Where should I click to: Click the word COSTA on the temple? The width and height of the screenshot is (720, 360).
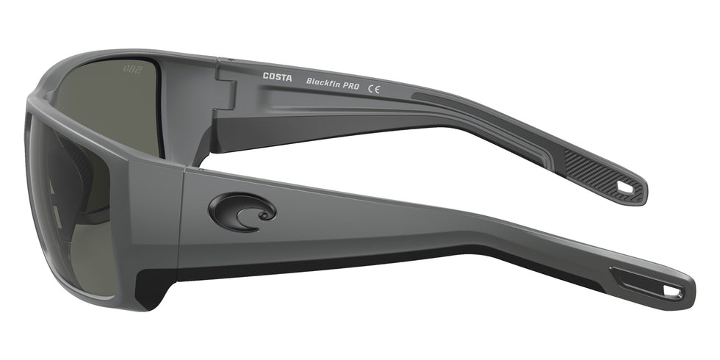coord(277,76)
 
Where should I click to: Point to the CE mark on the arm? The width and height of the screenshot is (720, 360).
coord(375,88)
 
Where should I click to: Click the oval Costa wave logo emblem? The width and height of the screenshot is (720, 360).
coord(242,211)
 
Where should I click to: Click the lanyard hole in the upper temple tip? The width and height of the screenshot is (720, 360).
coord(624,188)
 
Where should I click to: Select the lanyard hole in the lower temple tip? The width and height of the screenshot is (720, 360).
coord(672,292)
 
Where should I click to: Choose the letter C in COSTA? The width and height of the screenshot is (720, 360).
coord(266,76)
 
